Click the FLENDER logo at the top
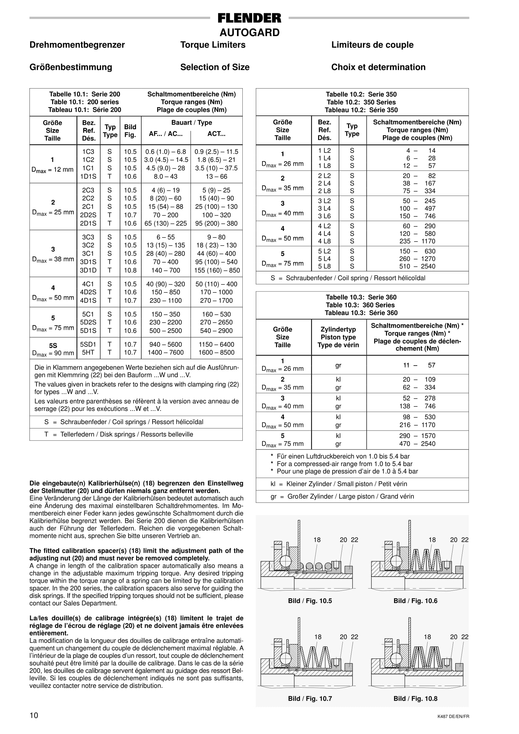249,18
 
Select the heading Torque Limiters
213,45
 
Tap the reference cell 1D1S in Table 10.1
88,177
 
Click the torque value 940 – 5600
165,344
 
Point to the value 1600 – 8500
216,352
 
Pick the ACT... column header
216,134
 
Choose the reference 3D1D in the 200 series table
88,270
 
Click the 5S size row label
53,345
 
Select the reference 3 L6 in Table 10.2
324,216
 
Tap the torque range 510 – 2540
417,266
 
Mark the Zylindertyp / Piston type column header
338,337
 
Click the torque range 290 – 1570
417,436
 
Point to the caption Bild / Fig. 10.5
310,601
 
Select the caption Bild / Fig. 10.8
415,699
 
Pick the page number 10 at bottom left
34,715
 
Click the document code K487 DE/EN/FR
453,717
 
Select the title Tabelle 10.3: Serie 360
361,297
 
